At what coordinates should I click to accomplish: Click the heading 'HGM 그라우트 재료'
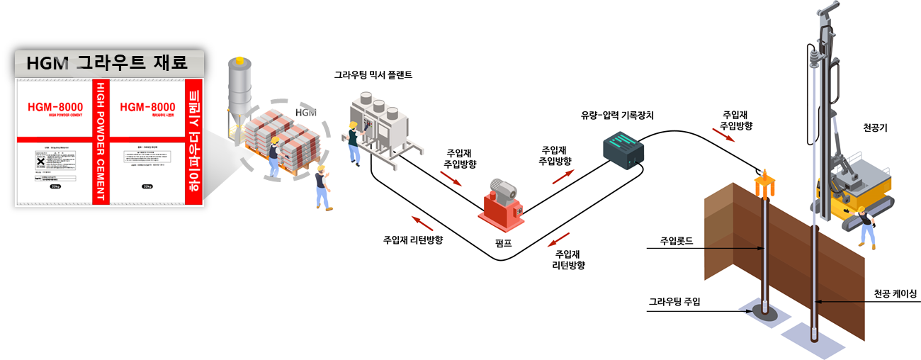coord(106,64)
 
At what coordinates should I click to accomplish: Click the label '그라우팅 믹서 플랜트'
coord(373,74)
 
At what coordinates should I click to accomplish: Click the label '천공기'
coord(876,128)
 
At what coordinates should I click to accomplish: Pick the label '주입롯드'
coord(676,241)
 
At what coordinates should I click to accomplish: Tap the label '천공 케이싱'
coord(895,293)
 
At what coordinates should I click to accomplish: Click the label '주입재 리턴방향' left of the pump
coord(413,240)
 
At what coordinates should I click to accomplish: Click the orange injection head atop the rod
coord(766,186)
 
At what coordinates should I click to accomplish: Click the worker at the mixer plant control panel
coord(352,142)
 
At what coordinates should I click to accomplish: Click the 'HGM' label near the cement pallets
coord(305,113)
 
